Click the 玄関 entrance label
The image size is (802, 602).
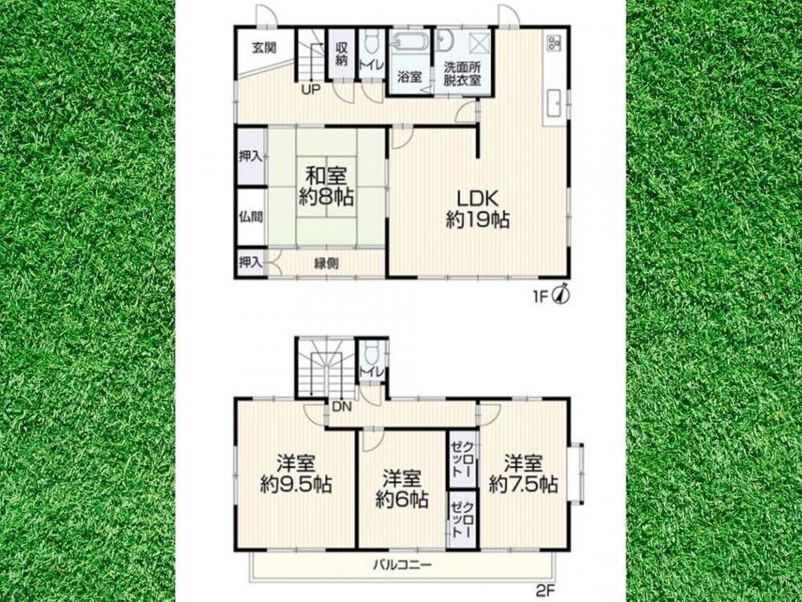point(264,48)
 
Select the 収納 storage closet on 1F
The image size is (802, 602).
point(341,53)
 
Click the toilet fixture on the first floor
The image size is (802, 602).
point(372,41)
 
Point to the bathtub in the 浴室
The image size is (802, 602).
point(409,43)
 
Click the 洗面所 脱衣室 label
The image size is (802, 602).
point(462,74)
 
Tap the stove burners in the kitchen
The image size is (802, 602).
point(554,42)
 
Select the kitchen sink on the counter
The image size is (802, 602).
point(554,105)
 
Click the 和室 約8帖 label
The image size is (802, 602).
point(326,186)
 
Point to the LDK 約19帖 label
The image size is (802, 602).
point(477,209)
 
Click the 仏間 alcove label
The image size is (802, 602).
point(250,217)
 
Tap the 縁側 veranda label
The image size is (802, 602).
point(326,263)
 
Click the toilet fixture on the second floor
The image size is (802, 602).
point(372,352)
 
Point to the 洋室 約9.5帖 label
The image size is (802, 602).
point(296,474)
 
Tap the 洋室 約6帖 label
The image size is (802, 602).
point(402,489)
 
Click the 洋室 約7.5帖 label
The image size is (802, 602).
point(523,474)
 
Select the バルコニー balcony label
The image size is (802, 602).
point(402,564)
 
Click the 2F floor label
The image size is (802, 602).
point(545,590)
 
